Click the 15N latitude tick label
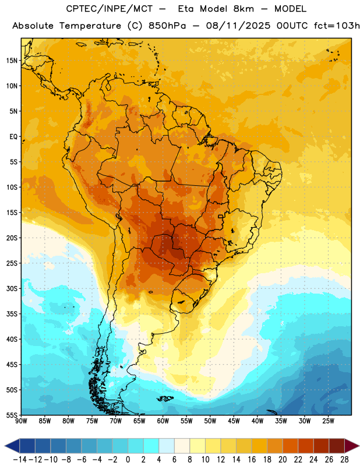(12, 61)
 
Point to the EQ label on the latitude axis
(13, 137)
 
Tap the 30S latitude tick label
(12, 289)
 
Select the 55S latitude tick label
(12, 415)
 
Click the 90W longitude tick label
(21, 421)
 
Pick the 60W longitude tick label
(163, 421)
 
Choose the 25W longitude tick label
(328, 421)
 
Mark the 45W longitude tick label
(234, 421)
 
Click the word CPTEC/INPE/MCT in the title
(110, 9)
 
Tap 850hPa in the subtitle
(167, 26)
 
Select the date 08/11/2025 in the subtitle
(238, 26)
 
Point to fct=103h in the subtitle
(337, 26)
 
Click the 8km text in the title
(243, 9)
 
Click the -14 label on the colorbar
(20, 460)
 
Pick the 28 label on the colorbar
(344, 460)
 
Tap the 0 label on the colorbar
(128, 460)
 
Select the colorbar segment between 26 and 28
(337, 446)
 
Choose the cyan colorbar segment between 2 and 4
(151, 446)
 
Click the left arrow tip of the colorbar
(5, 446)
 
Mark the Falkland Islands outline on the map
(165, 398)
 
